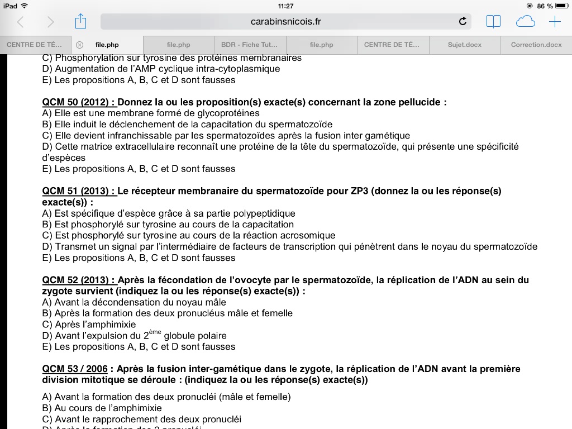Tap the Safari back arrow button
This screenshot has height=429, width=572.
click(21, 22)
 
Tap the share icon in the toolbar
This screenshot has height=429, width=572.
click(81, 22)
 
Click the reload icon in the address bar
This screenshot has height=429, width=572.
click(463, 22)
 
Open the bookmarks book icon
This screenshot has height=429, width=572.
click(493, 22)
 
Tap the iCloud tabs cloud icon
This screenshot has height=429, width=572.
click(525, 22)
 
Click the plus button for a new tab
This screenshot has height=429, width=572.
click(555, 22)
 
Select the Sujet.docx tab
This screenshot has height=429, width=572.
click(464, 45)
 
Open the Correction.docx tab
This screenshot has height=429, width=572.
click(536, 45)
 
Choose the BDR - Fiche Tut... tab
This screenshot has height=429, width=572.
click(250, 45)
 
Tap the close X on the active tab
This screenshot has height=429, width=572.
click(79, 45)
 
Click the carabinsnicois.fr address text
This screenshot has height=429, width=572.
click(286, 22)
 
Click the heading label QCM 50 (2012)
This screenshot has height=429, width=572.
click(79, 102)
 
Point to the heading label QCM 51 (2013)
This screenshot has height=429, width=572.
click(79, 191)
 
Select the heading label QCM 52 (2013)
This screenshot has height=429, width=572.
click(79, 280)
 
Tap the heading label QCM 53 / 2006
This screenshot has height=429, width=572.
click(75, 369)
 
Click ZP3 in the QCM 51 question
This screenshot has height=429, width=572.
click(360, 191)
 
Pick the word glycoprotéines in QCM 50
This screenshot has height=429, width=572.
click(212, 113)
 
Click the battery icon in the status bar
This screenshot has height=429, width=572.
click(561, 6)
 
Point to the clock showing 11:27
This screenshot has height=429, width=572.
click(285, 6)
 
